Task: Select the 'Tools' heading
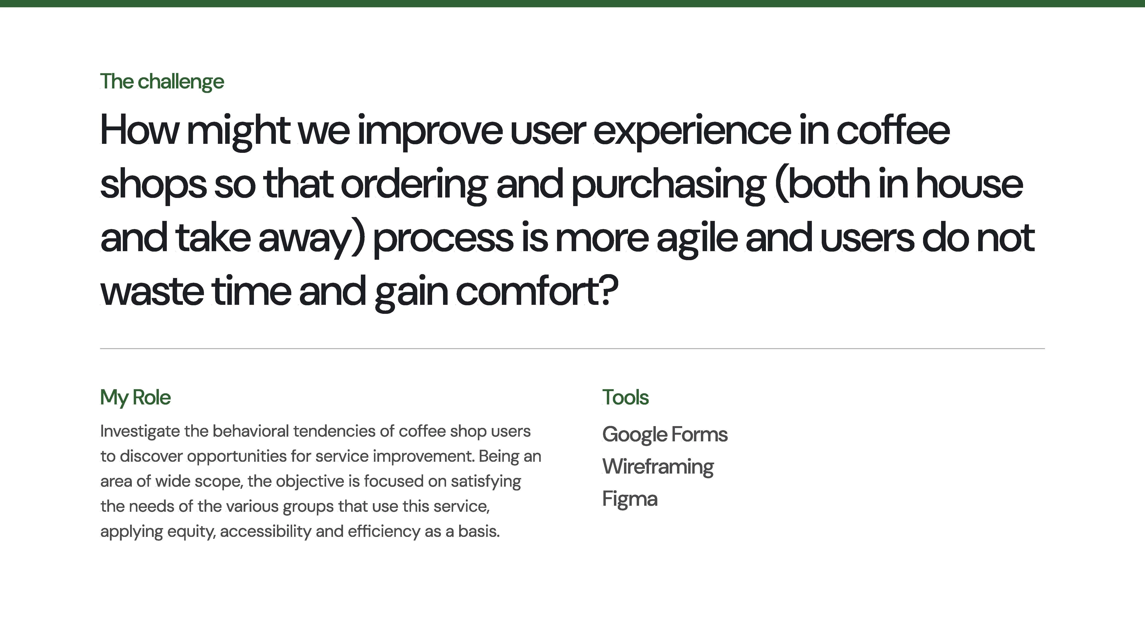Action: tap(625, 397)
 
